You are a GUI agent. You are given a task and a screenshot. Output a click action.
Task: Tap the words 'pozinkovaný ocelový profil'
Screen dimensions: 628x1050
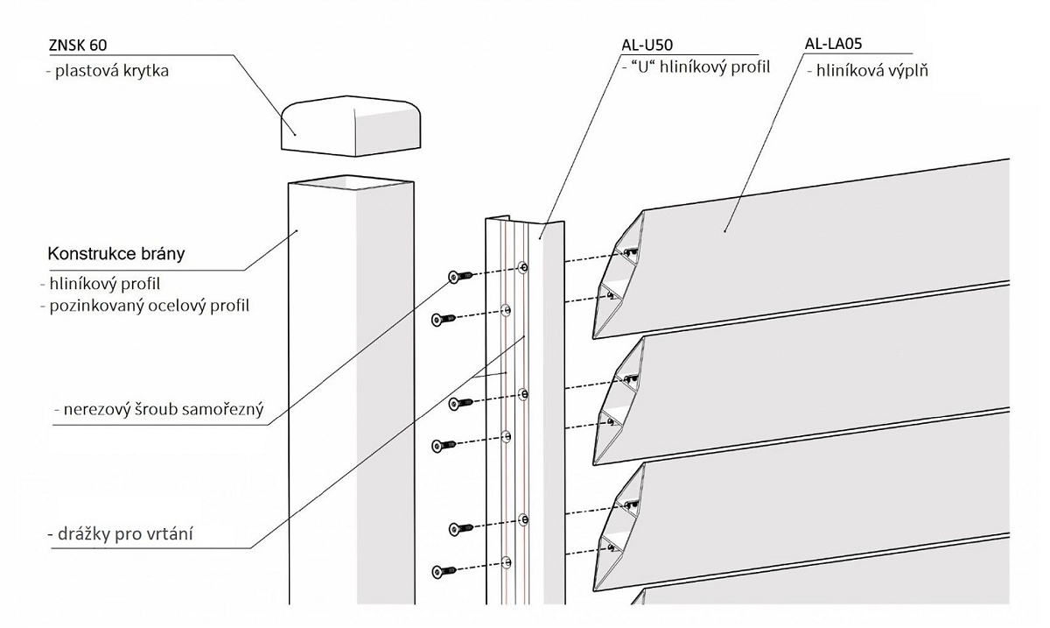pyautogui.click(x=150, y=306)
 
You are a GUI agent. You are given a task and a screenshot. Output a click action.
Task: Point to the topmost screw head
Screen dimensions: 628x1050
pyautogui.click(x=453, y=277)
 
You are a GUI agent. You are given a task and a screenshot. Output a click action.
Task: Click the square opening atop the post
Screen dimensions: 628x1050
pyautogui.click(x=350, y=183)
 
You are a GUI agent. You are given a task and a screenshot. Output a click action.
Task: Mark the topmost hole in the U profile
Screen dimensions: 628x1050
pyautogui.click(x=523, y=267)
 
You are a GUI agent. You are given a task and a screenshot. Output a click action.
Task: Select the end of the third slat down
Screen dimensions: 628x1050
pyautogui.click(x=617, y=525)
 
